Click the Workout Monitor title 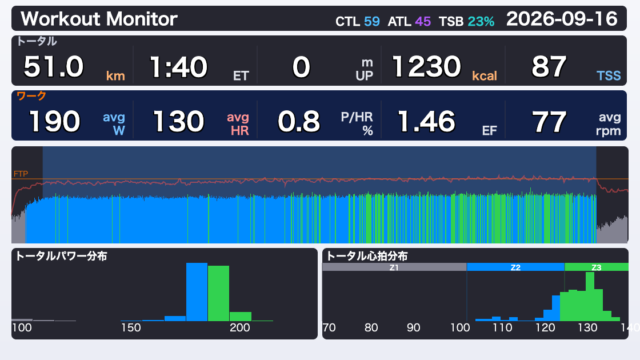[x=99, y=19]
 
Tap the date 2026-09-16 [x=562, y=19]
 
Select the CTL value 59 [x=371, y=21]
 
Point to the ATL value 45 [x=423, y=21]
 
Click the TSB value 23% [x=481, y=21]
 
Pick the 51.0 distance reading [x=53, y=67]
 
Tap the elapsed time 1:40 [x=178, y=67]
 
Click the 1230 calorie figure [x=427, y=67]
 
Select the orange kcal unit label [x=484, y=76]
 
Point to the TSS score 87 [x=549, y=67]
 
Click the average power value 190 [x=55, y=121]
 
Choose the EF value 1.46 [x=427, y=121]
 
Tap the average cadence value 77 [x=549, y=121]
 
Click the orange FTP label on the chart [x=20, y=174]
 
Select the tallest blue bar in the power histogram [x=197, y=292]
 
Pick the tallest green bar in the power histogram [x=218, y=293]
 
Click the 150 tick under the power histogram [x=131, y=327]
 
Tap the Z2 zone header [x=516, y=267]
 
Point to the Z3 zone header [x=596, y=267]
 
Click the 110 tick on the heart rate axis [x=502, y=327]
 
